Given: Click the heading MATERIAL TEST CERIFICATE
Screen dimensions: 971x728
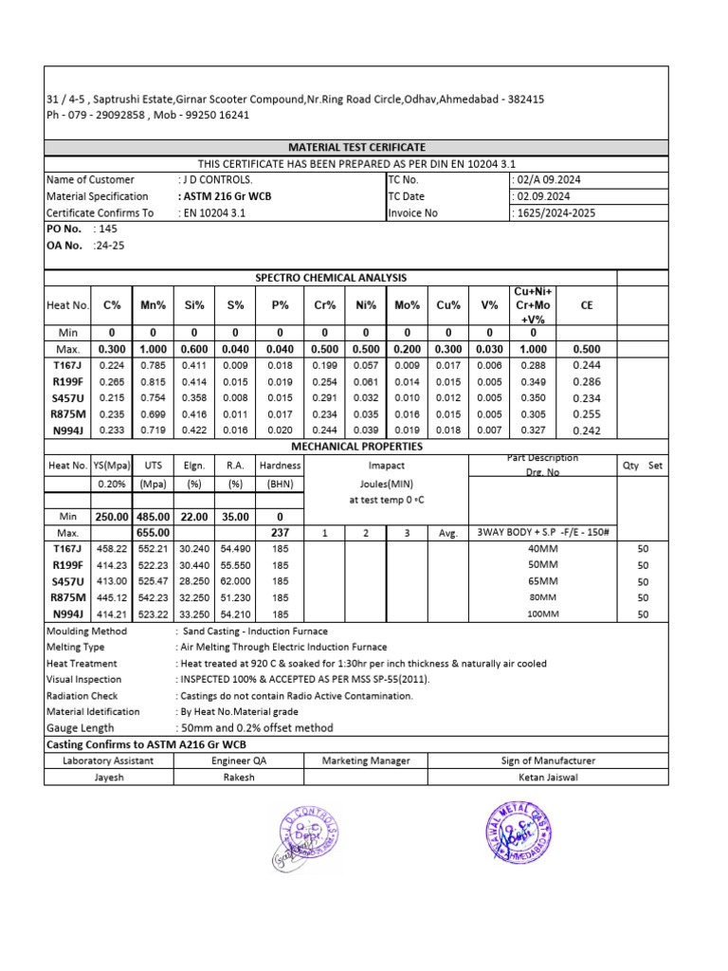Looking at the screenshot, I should coord(356,147).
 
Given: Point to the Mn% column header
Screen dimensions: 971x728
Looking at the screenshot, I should coord(154,305).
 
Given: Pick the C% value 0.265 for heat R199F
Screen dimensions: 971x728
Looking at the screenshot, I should coord(112,381).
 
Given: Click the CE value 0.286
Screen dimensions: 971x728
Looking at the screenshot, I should coord(586,381).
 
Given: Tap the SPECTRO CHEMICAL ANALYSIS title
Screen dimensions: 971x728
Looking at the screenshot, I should coord(331,277).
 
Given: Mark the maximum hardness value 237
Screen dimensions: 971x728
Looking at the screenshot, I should coord(280,533).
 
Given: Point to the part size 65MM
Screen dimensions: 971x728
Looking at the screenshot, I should coord(543,581).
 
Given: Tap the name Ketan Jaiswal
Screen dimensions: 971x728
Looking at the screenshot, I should coord(548,777).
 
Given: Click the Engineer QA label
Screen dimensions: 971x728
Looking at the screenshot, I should coord(238,760).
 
